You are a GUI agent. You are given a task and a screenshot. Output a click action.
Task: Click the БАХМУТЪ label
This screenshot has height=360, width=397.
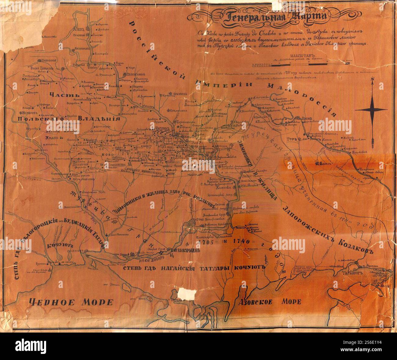click(x=327, y=163)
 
